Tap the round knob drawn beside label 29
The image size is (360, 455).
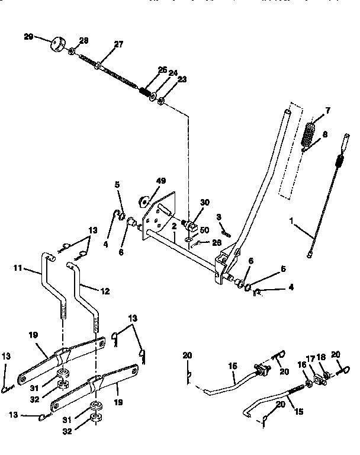(58, 45)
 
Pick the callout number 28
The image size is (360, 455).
(83, 40)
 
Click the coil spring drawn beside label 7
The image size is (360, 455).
(308, 135)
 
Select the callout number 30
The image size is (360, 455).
(205, 202)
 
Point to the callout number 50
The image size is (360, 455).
(204, 229)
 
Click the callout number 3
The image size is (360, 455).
(218, 217)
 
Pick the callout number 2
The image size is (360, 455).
(175, 225)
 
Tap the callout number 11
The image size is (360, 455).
(18, 269)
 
